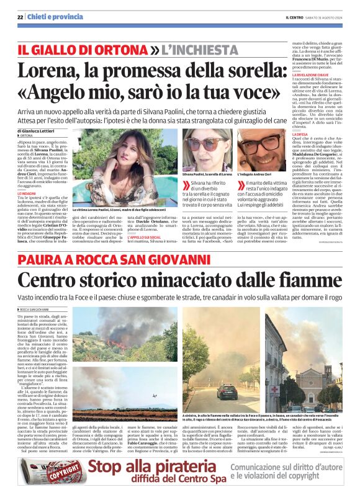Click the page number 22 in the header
[20, 16]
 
